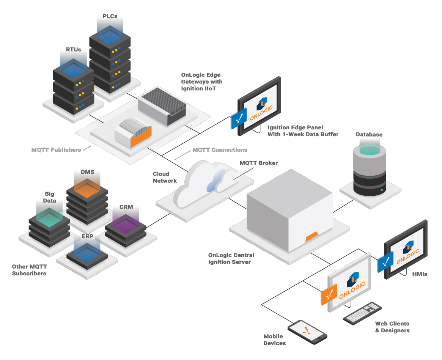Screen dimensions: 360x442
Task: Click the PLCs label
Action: tap(110, 16)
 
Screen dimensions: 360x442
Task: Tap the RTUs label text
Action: tap(74, 49)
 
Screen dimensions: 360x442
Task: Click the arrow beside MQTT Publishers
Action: tap(87, 148)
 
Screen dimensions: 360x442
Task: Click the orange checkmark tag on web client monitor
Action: tap(329, 295)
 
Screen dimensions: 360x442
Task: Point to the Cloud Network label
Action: tap(165, 178)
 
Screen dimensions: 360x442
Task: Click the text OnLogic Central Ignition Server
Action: tap(231, 258)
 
